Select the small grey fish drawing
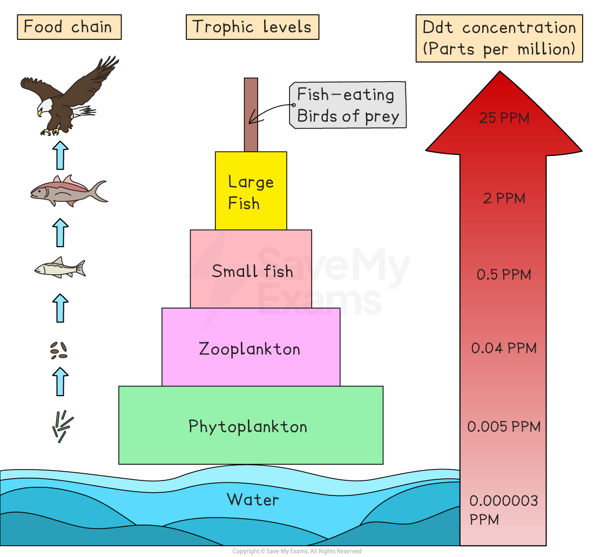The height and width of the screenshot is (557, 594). click(x=60, y=267)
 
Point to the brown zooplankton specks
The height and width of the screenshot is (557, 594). click(x=59, y=351)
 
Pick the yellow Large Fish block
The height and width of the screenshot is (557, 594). click(x=251, y=191)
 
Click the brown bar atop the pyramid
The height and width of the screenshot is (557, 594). click(x=251, y=114)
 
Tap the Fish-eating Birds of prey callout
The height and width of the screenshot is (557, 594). click(x=347, y=105)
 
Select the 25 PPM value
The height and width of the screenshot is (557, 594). click(x=504, y=118)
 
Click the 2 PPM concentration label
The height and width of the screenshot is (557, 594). click(x=504, y=198)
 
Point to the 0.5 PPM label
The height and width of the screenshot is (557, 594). click(x=504, y=275)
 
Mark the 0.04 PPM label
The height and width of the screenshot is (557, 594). click(x=504, y=348)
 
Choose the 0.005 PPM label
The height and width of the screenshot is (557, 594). click(x=504, y=427)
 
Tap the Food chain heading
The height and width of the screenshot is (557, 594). click(x=69, y=27)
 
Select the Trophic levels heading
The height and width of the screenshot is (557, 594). click(x=252, y=27)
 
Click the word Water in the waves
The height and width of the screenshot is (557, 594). click(x=253, y=499)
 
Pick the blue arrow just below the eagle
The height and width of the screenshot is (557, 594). click(x=60, y=156)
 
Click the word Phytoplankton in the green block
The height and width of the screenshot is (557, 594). click(x=248, y=426)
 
